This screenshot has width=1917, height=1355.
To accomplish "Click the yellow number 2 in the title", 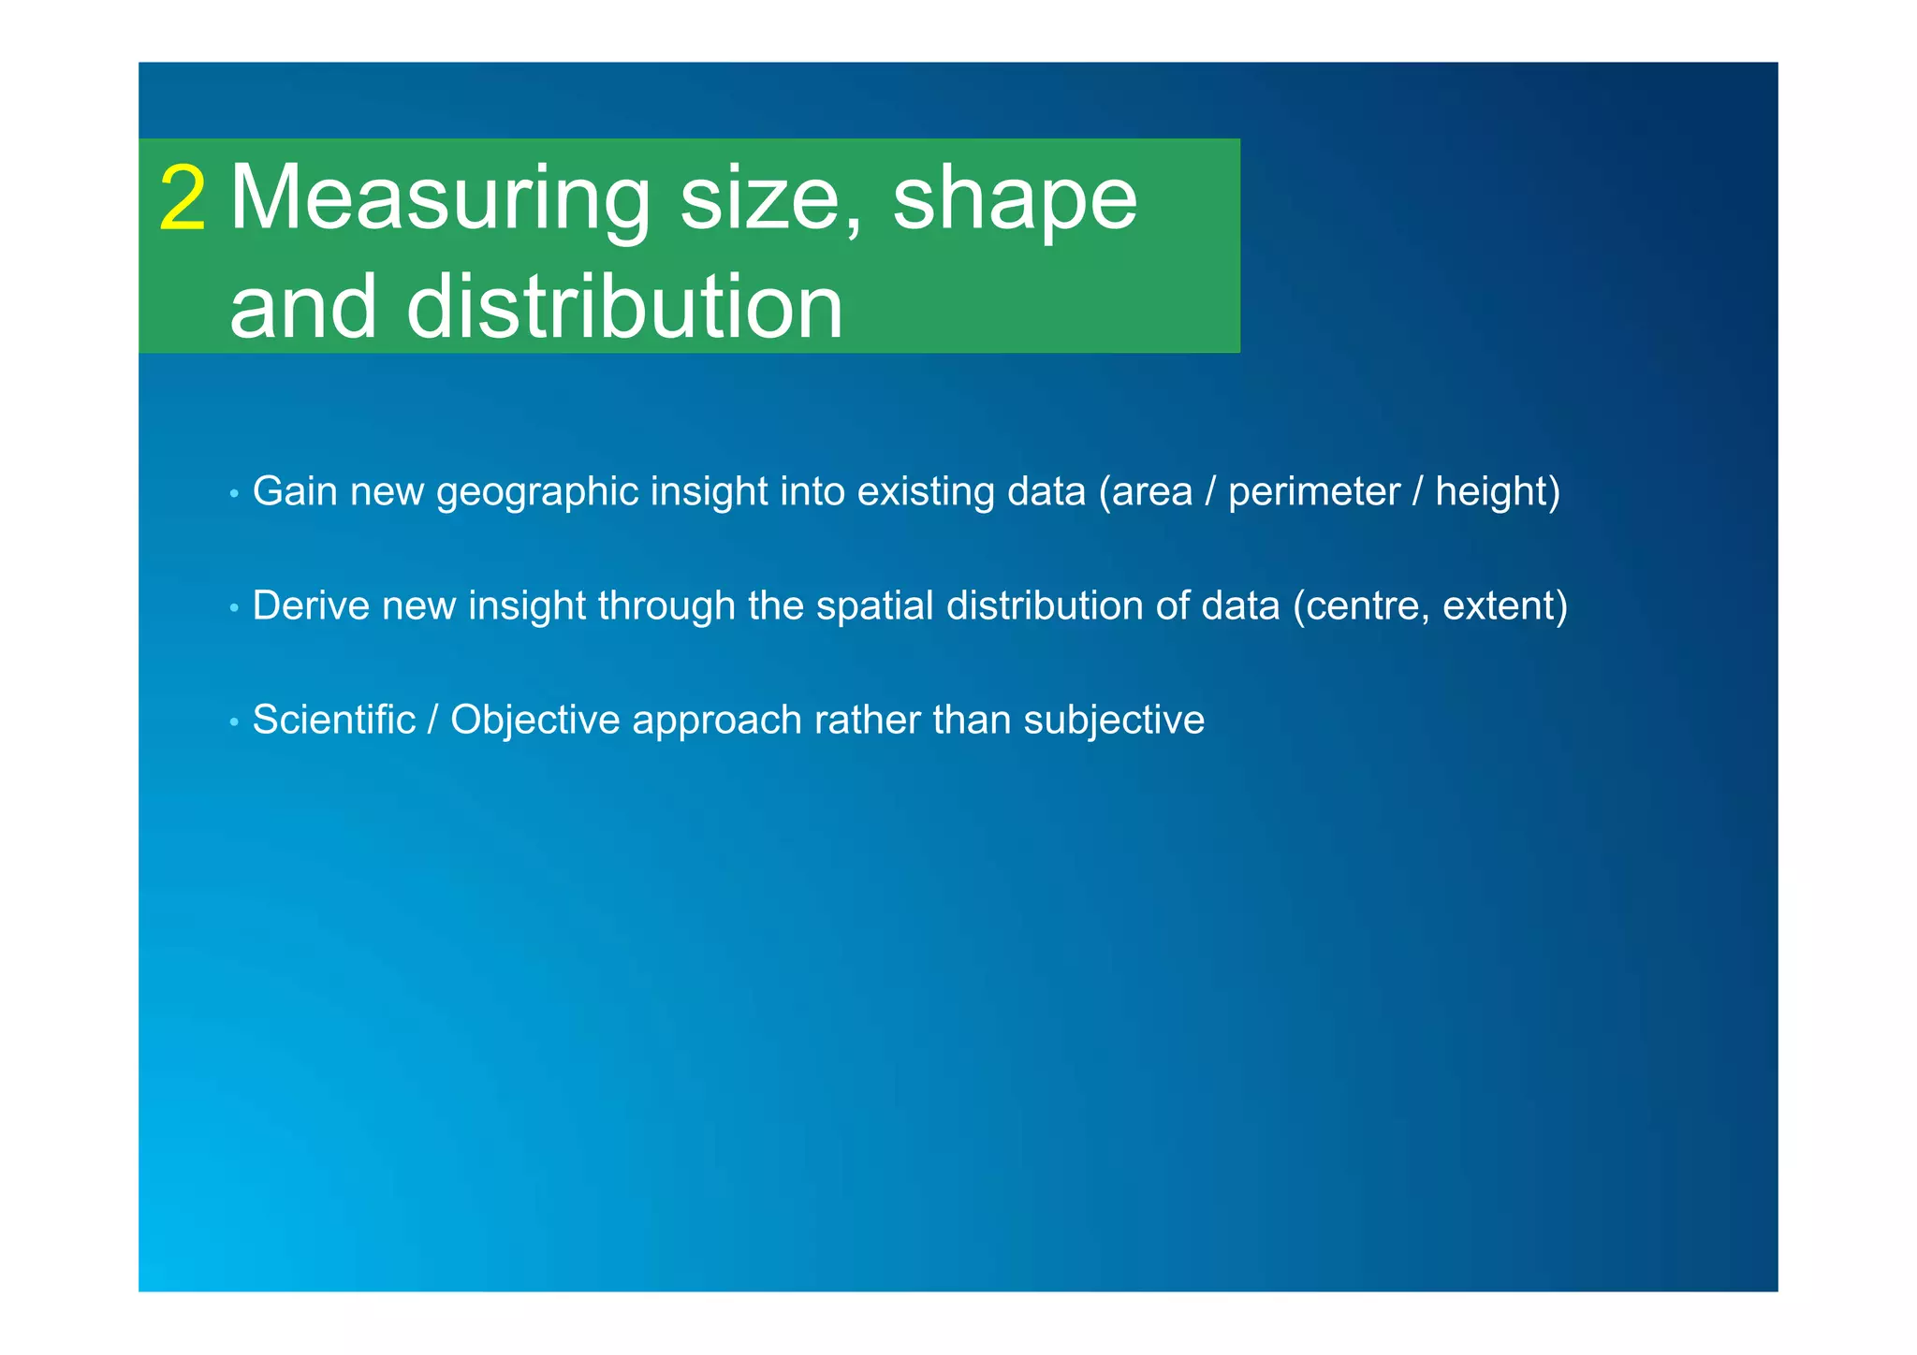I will tap(183, 198).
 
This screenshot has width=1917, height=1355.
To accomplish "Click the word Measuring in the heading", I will tap(440, 198).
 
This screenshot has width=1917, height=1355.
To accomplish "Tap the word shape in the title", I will tap(1015, 198).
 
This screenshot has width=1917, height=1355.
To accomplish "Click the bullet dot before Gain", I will tap(234, 493).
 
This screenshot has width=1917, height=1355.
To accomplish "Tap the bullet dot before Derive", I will tap(234, 608).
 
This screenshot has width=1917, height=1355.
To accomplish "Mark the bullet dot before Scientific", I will tap(234, 722).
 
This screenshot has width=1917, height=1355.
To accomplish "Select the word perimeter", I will tap(1314, 492).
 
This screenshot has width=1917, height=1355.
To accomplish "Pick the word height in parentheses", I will tap(1492, 492).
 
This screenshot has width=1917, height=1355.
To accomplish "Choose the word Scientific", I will tap(334, 721).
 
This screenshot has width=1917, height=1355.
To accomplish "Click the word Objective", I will tap(534, 721).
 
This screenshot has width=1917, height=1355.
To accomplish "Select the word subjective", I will tap(1114, 721).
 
